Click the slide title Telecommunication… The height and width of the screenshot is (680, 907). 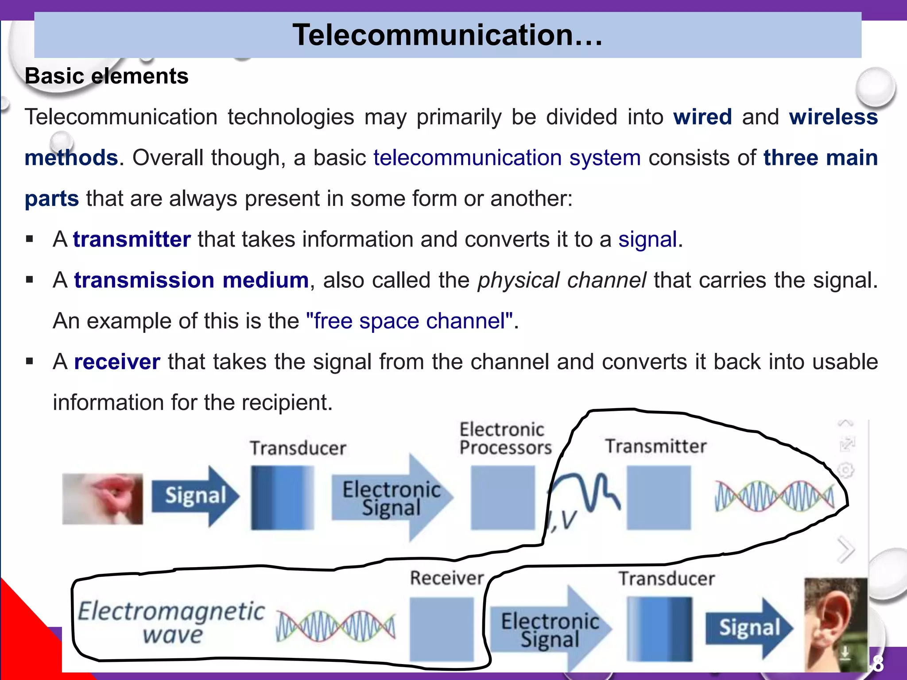click(447, 35)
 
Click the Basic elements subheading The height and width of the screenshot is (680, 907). click(107, 76)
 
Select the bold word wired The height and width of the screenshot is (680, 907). click(702, 117)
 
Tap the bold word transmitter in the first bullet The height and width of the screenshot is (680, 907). click(132, 240)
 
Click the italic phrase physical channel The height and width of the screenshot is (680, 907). click(562, 280)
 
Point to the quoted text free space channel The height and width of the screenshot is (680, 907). click(410, 321)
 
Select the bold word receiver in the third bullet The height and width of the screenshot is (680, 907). click(117, 362)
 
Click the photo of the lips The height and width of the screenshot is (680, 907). click(102, 499)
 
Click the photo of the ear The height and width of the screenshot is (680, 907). click(835, 624)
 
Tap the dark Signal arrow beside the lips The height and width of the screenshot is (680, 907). click(195, 496)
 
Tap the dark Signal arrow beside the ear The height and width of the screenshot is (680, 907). click(748, 628)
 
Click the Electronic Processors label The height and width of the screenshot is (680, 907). click(505, 439)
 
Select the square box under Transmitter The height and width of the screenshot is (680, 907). click(659, 498)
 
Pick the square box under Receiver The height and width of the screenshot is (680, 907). click(442, 629)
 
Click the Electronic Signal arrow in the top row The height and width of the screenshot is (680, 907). click(392, 498)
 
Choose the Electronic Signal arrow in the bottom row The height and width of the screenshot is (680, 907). click(550, 629)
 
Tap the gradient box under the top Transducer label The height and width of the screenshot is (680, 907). click(282, 498)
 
